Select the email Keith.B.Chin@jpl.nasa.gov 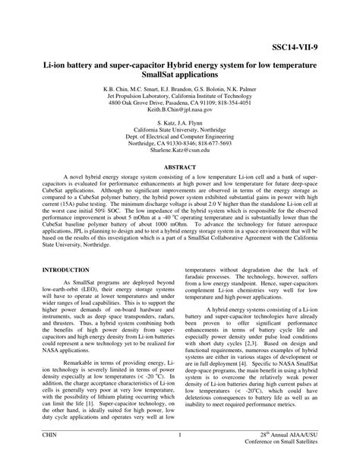tap(179, 110)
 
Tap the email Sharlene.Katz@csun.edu tap(179, 151)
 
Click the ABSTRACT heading tap(179, 166)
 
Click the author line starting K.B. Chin tap(179, 88)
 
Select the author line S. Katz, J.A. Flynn tap(179, 122)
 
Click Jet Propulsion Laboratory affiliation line tap(179, 96)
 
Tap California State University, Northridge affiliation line tap(179, 129)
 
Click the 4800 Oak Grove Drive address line tap(179, 103)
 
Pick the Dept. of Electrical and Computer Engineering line tap(179, 136)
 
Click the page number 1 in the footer tap(180, 434)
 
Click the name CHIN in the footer tap(50, 434)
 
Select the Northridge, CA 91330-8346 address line tap(179, 143)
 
